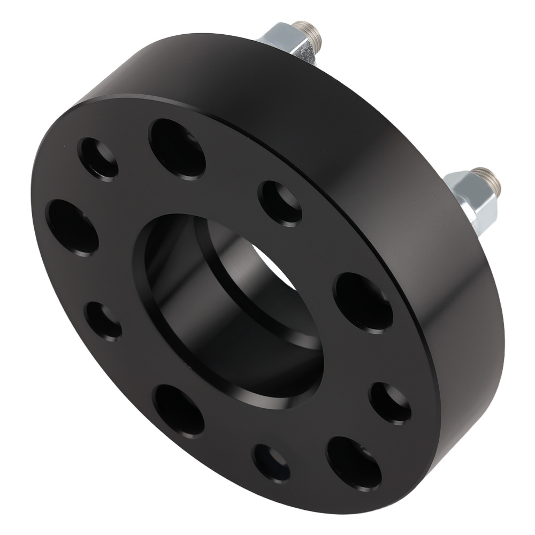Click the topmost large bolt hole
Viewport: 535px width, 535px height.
178,147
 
